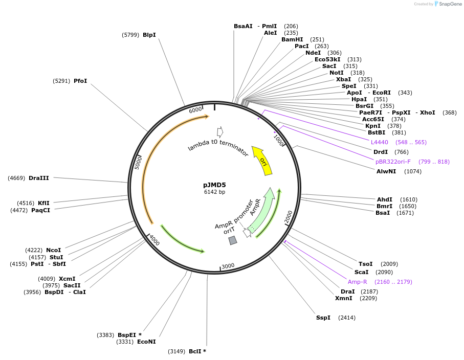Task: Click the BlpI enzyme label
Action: click(149, 35)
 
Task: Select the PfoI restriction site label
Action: click(80, 81)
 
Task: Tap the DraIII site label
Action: click(39, 178)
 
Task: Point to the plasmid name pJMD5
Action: click(214, 185)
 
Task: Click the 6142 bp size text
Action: click(214, 192)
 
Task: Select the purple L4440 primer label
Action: click(380, 142)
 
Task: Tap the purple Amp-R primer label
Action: click(358, 282)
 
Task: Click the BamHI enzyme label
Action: click(292, 39)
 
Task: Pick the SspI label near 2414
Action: click(323, 318)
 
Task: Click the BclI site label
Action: click(195, 351)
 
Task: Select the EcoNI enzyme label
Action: click(146, 342)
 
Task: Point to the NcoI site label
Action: click(53, 250)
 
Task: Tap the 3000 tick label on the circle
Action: click(228, 266)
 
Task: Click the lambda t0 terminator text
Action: click(218, 147)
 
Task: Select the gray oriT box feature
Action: click(233, 240)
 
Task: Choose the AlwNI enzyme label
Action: click(386, 171)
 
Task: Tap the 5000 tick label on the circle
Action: click(138, 163)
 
